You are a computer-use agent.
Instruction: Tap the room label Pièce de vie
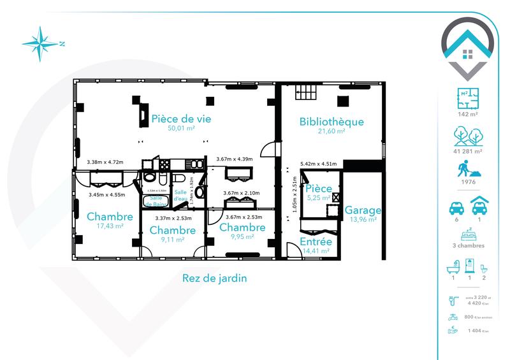tap(181, 119)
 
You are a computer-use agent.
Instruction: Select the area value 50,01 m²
tap(181, 129)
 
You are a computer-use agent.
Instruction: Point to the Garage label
tap(363, 210)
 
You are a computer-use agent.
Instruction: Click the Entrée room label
tap(316, 242)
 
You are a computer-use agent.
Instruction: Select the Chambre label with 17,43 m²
tap(110, 217)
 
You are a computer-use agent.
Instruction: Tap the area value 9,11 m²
tap(172, 240)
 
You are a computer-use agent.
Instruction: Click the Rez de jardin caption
tap(214, 278)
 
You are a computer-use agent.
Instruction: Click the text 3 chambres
tap(468, 245)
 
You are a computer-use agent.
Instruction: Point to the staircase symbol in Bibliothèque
tap(305, 94)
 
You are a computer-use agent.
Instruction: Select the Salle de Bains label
tap(156, 200)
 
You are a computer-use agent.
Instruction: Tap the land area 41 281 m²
tap(468, 151)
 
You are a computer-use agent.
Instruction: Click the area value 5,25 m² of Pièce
tap(317, 198)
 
